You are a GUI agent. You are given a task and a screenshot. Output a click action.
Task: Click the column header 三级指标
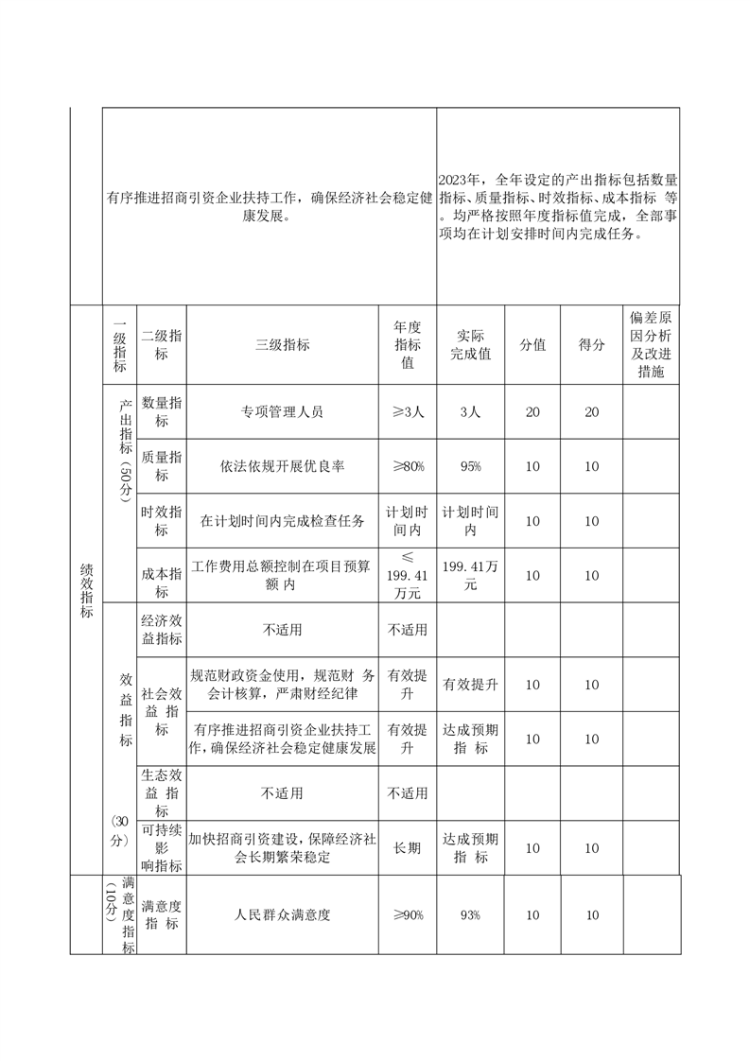click(282, 345)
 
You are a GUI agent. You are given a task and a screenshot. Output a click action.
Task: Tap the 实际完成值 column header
click(470, 345)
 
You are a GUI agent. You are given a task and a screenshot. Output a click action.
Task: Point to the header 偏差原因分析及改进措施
click(651, 344)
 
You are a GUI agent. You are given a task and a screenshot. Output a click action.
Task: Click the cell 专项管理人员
click(282, 412)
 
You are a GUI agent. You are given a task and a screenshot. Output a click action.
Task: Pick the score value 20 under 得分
click(591, 412)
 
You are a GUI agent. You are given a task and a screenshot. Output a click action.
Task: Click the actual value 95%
click(470, 466)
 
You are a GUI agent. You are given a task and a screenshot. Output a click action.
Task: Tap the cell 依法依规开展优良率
click(282, 466)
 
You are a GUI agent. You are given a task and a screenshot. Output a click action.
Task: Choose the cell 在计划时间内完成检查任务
click(282, 521)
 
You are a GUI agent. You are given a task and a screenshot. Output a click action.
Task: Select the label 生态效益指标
click(161, 792)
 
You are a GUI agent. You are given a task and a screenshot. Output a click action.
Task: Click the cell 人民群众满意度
click(282, 915)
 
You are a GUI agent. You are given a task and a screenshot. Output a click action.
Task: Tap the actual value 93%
click(470, 915)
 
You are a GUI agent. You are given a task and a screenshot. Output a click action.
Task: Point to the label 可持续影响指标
click(161, 848)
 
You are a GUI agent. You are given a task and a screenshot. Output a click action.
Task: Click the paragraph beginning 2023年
click(558, 206)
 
